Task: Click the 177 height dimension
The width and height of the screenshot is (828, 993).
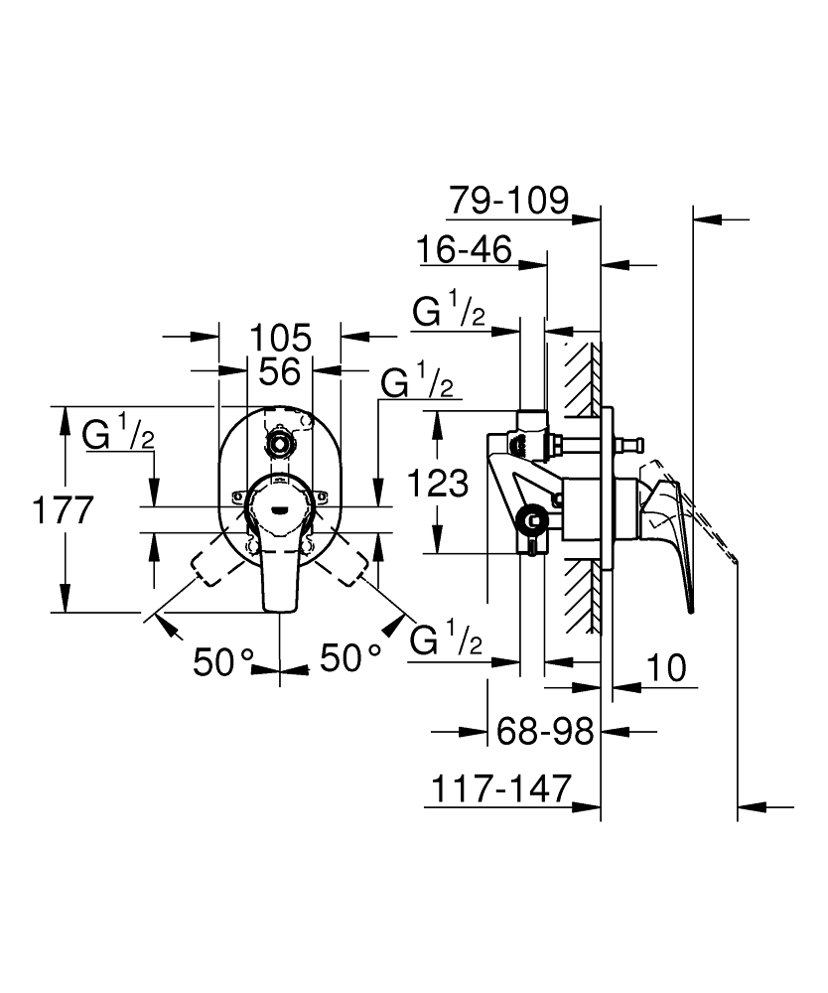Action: (x=62, y=510)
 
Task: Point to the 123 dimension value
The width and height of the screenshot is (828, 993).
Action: (x=438, y=484)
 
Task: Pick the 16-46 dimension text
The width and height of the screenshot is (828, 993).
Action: (x=464, y=250)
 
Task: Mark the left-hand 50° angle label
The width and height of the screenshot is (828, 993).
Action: (x=224, y=661)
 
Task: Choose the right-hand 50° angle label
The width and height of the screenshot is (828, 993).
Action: (x=349, y=658)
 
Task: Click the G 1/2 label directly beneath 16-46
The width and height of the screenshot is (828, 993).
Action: (x=449, y=313)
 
